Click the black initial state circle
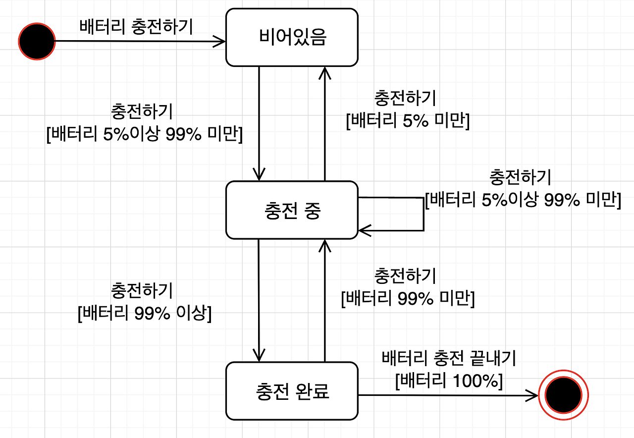37,41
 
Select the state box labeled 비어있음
292,38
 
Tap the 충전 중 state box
292,210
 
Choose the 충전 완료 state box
292,391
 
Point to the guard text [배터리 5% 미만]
407,120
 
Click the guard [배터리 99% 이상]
145,314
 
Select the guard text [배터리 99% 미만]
408,299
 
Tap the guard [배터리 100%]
449,381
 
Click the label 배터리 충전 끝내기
449,358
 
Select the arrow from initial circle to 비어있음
139,41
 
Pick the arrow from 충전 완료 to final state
446,395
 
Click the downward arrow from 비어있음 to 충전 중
259,124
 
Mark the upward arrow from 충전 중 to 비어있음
324,124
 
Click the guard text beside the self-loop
523,200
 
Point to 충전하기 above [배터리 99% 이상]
143,291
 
